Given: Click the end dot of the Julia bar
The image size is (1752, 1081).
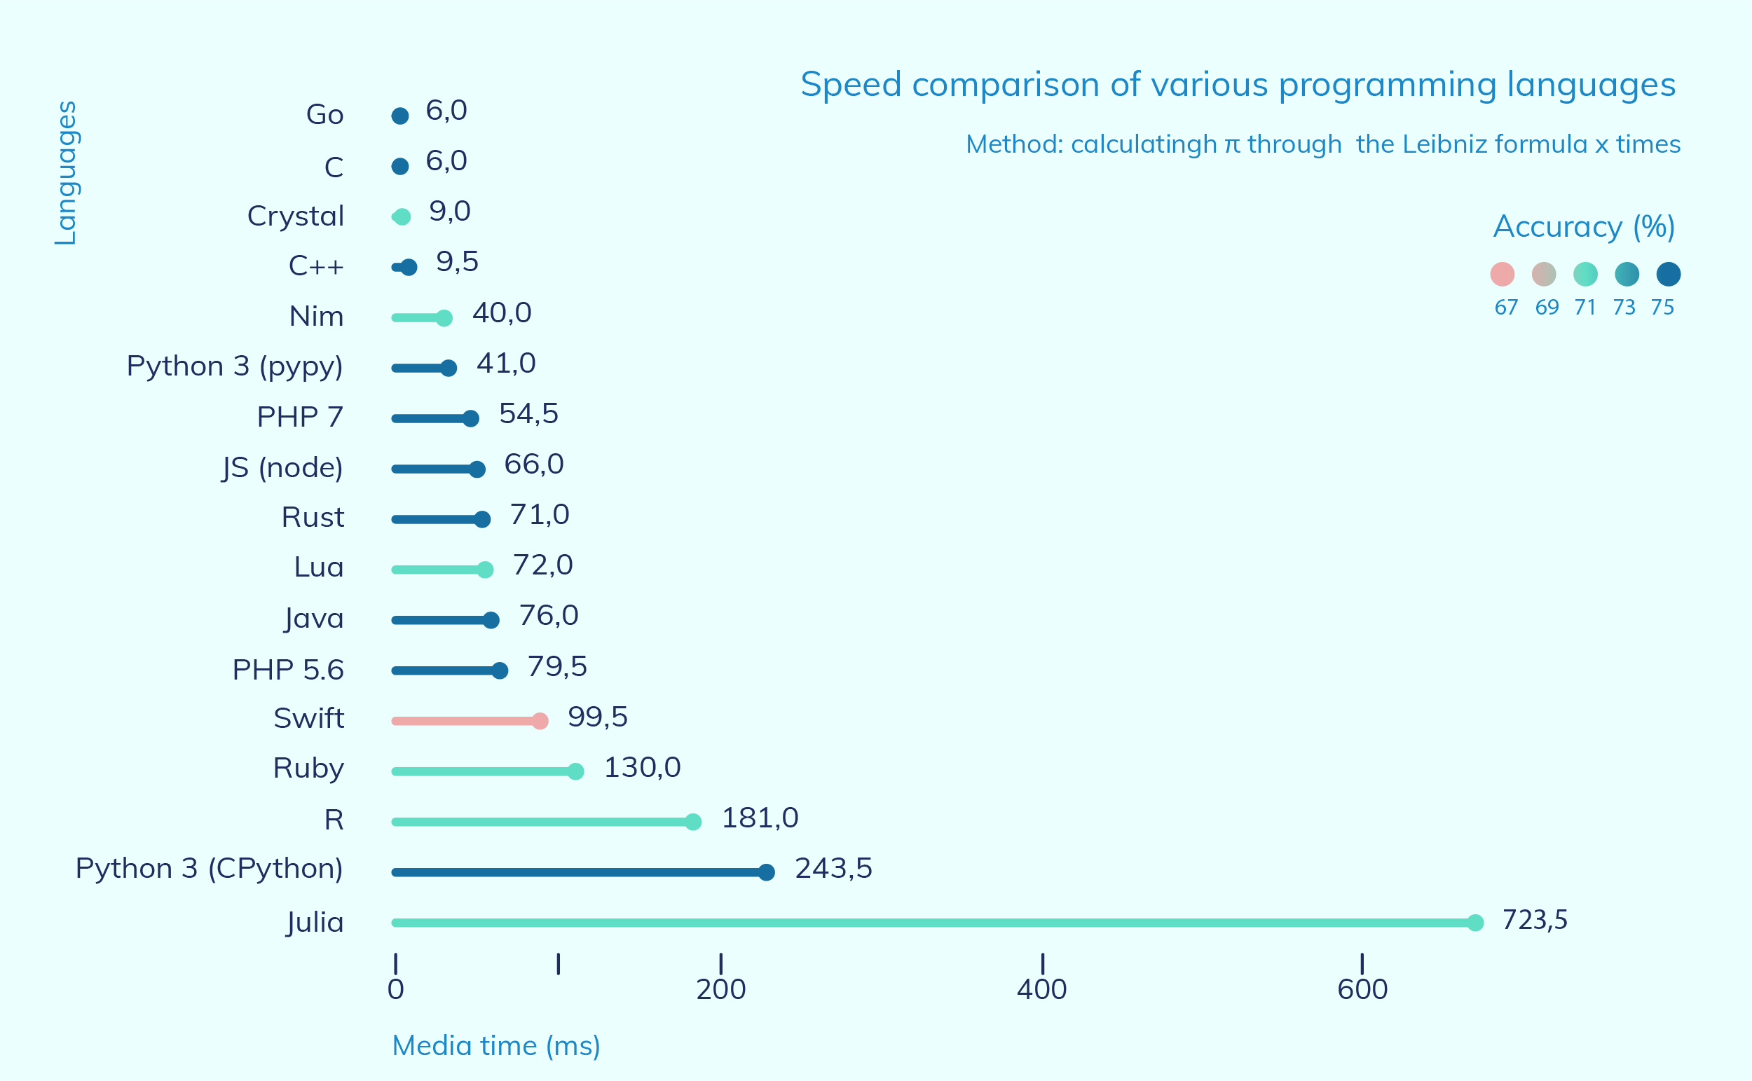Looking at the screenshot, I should (1474, 922).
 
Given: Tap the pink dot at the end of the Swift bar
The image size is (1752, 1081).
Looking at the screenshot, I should (540, 721).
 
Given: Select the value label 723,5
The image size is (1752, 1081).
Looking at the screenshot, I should (1535, 919).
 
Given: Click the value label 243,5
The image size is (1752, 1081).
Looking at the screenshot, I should (833, 868).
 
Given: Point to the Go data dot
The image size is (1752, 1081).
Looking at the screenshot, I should (399, 116).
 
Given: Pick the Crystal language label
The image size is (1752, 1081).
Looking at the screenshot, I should (295, 216).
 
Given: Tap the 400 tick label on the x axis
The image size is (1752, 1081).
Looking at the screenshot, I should (1041, 989).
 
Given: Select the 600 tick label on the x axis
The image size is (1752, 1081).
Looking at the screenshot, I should (1362, 989).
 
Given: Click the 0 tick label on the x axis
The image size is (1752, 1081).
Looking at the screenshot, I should (395, 989).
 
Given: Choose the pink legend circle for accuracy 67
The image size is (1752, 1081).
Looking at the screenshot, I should (1502, 274).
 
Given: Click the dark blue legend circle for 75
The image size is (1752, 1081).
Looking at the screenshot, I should (1669, 274).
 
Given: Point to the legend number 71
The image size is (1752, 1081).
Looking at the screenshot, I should (1585, 308).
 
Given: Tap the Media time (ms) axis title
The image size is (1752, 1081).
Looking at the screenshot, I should (495, 1046).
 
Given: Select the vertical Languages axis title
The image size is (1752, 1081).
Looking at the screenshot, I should (66, 173).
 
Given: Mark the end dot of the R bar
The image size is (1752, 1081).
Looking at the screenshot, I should (692, 822).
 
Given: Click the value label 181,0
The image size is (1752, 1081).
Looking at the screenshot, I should (760, 818).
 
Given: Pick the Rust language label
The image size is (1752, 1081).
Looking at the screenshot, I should (313, 517).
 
